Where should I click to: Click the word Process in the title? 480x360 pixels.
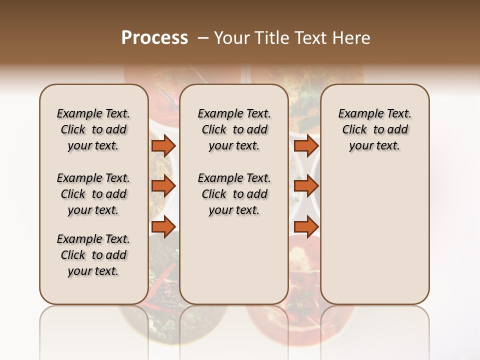point(154,37)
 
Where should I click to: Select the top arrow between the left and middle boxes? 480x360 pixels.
point(163,145)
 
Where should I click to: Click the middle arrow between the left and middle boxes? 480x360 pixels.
point(163,186)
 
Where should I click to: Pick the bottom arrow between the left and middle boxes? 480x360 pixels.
point(163,227)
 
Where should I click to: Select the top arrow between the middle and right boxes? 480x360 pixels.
point(306,145)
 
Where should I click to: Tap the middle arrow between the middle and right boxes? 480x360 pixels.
point(306,186)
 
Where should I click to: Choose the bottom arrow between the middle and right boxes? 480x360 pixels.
point(306,227)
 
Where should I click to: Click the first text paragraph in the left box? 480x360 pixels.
point(93,129)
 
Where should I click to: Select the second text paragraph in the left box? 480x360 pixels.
point(93,194)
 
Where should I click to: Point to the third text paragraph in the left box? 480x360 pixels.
point(93,255)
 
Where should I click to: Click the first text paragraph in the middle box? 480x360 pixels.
point(234,129)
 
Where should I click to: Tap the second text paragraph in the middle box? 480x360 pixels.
point(234,194)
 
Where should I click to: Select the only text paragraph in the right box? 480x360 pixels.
point(374,129)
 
